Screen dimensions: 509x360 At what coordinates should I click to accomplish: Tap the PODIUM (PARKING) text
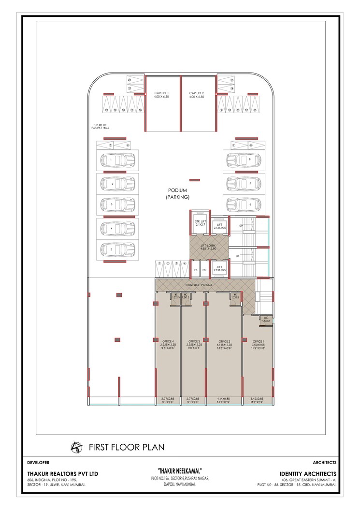click(x=178, y=193)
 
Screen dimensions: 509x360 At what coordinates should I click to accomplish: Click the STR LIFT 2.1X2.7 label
click(x=199, y=223)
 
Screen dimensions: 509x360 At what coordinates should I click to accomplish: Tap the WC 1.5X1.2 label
click(x=266, y=319)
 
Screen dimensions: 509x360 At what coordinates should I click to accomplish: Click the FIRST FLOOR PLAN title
click(x=127, y=447)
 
